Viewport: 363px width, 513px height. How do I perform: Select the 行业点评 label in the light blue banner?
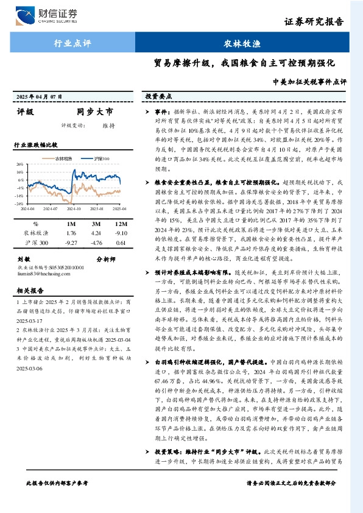[x=72, y=43]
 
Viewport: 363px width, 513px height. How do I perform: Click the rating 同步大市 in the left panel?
[x=94, y=113]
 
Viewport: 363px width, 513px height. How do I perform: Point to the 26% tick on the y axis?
[x=19, y=165]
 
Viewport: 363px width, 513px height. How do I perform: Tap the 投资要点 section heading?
[x=158, y=96]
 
